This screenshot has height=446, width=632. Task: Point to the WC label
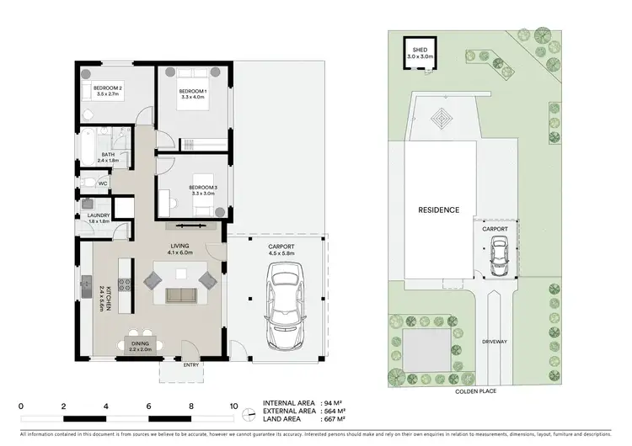[x=103, y=183]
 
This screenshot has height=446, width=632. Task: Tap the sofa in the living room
[x=181, y=295]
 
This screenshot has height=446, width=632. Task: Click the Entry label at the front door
[x=191, y=364]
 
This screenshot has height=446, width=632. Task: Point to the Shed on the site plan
[x=419, y=51]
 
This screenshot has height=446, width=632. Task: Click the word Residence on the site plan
[x=439, y=210]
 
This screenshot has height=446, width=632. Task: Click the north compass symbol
[x=247, y=414]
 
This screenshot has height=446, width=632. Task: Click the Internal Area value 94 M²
[x=336, y=403]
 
